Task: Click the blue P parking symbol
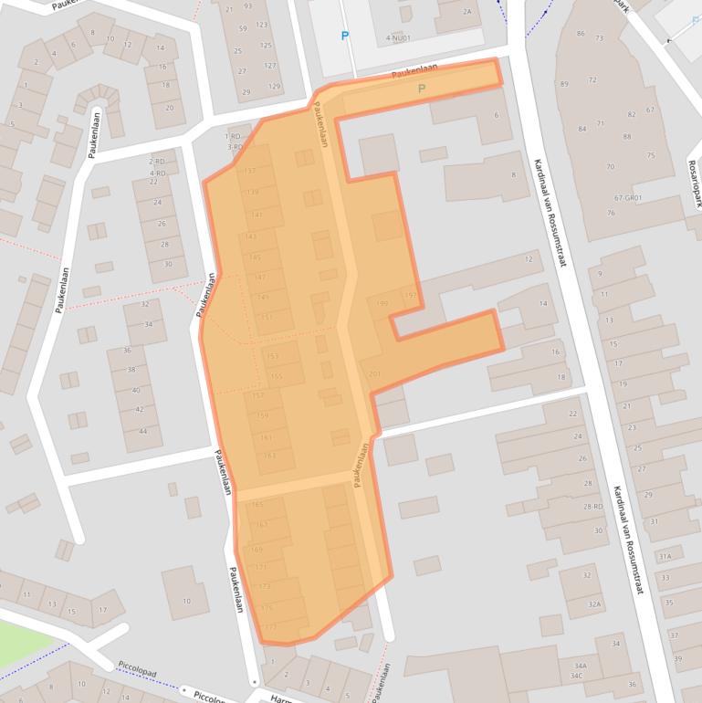345,37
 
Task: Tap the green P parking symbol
421,89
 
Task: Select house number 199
382,303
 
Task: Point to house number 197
409,295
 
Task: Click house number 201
374,373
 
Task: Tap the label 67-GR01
628,197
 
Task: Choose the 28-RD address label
593,507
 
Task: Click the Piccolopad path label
138,673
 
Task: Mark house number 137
250,171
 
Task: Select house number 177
270,627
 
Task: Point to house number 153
273,357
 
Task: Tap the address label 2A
467,12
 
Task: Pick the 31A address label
665,556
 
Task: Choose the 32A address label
594,603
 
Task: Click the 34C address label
577,676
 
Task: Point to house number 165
257,504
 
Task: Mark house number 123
262,25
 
